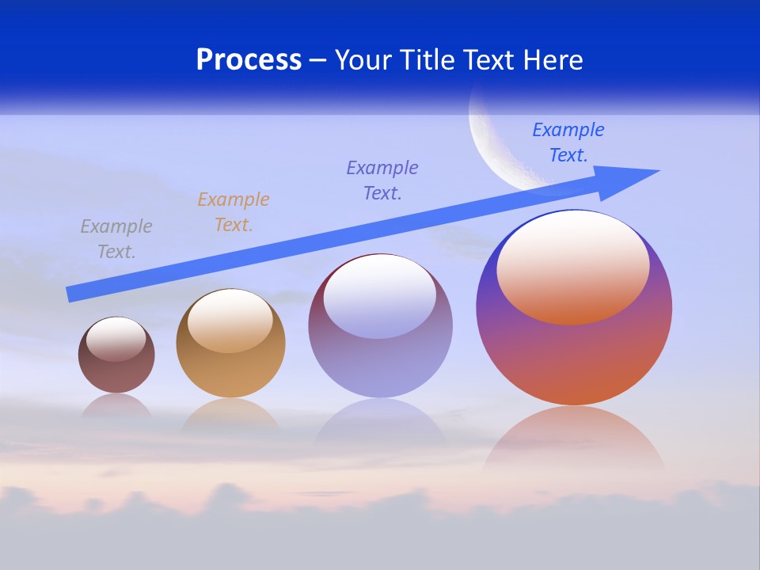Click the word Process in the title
pos(249,60)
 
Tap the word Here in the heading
pos(553,60)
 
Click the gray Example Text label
pos(116,239)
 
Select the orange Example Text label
pos(234,212)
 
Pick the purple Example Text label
pos(382,180)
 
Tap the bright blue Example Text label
pos(568,142)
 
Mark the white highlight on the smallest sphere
pos(116,339)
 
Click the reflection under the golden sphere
pos(230,416)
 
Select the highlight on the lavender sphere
pos(380,294)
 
